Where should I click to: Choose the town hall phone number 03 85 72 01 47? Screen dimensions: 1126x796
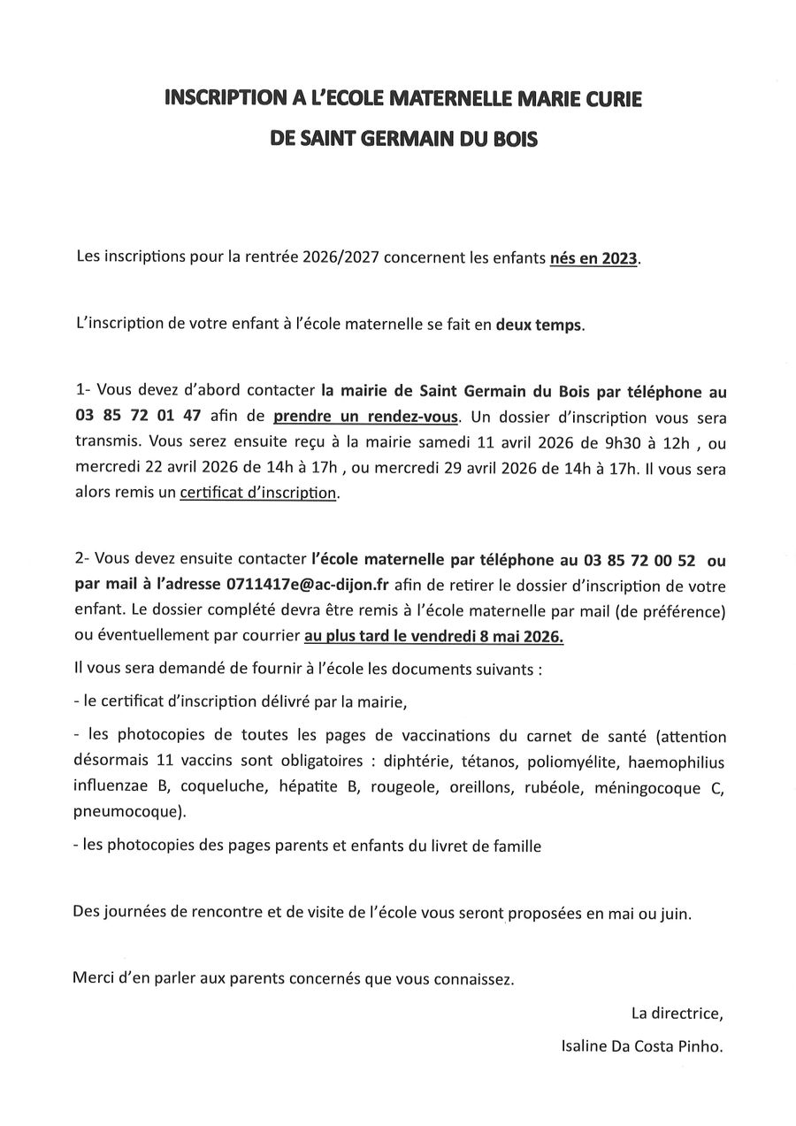pos(145,417)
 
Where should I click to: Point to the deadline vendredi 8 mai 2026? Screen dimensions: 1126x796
pos(499,635)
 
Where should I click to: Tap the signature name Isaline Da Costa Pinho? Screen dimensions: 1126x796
pos(641,1046)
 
